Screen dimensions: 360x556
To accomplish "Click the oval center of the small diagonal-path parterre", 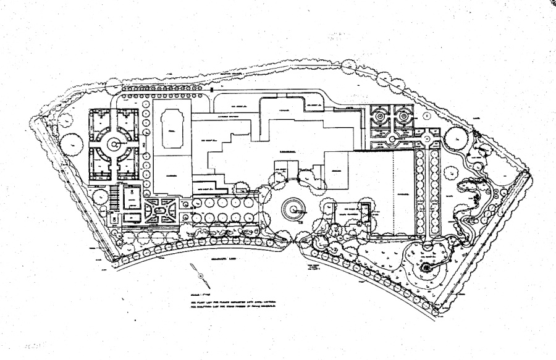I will pyautogui.click(x=162, y=211).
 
